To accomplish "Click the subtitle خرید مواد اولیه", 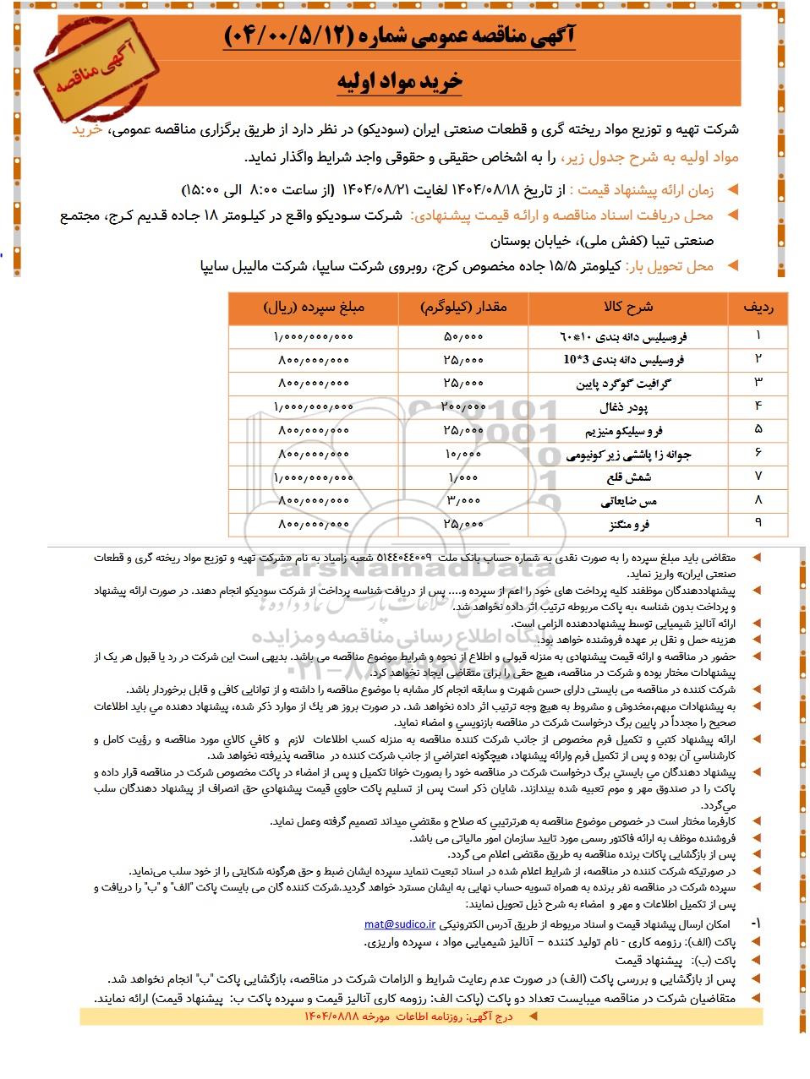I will pos(400,82).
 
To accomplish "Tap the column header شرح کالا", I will pos(627,308).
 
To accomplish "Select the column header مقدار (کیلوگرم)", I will pos(463,308).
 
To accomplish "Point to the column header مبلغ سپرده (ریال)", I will pos(314,308).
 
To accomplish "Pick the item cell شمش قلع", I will pos(628,477).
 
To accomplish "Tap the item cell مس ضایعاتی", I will pos(628,501).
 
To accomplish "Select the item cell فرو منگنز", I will pos(629,525).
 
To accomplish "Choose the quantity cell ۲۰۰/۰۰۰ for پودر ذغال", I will pos(463,407).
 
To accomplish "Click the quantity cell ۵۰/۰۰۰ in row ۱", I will pos(463,337).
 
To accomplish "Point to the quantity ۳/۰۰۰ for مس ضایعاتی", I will pos(463,501).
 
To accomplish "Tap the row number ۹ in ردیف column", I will pos(758,524).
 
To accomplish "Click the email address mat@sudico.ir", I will pos(400,924).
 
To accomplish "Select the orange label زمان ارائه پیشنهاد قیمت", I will pos(643,191).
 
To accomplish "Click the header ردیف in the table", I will pos(758,308).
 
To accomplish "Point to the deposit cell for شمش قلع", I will pos(314,478).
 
